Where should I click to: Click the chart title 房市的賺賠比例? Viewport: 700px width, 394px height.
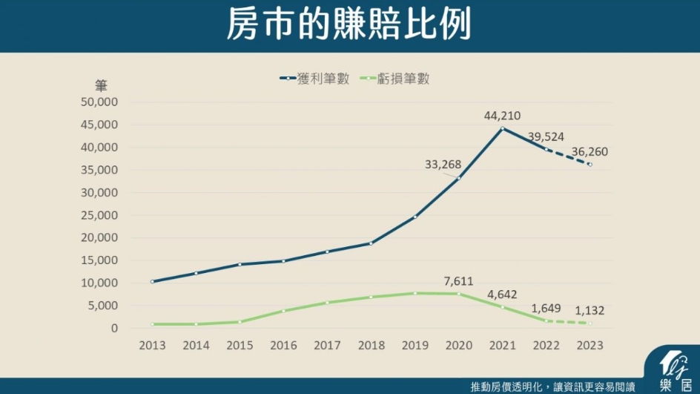click(349, 26)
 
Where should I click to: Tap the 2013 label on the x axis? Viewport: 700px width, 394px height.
click(152, 346)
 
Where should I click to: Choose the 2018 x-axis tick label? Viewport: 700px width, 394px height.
click(371, 346)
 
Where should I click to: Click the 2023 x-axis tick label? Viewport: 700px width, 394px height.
click(590, 346)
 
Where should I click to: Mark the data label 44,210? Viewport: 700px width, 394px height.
click(502, 116)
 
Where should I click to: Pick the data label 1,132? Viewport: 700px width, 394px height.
click(590, 311)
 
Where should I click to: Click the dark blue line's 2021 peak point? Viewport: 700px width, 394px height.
click(502, 128)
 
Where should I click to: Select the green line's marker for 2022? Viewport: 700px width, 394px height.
click(546, 321)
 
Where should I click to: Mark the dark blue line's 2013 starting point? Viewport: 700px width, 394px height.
click(152, 282)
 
